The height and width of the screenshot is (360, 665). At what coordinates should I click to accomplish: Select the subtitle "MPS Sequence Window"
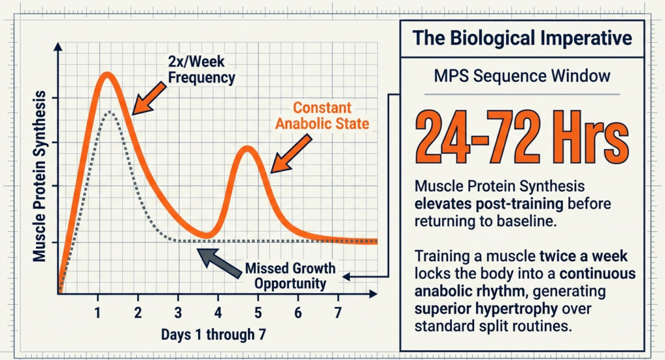[522, 76]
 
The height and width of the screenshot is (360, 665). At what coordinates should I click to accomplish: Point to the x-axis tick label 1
[98, 313]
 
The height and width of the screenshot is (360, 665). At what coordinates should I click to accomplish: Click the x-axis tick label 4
[218, 313]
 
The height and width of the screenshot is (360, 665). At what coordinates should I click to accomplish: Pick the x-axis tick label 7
[338, 313]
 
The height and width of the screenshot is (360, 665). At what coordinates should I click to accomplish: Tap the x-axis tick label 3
[178, 313]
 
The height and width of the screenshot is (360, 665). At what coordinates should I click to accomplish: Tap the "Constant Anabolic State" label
[323, 116]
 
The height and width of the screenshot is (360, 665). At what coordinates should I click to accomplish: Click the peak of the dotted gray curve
[111, 112]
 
